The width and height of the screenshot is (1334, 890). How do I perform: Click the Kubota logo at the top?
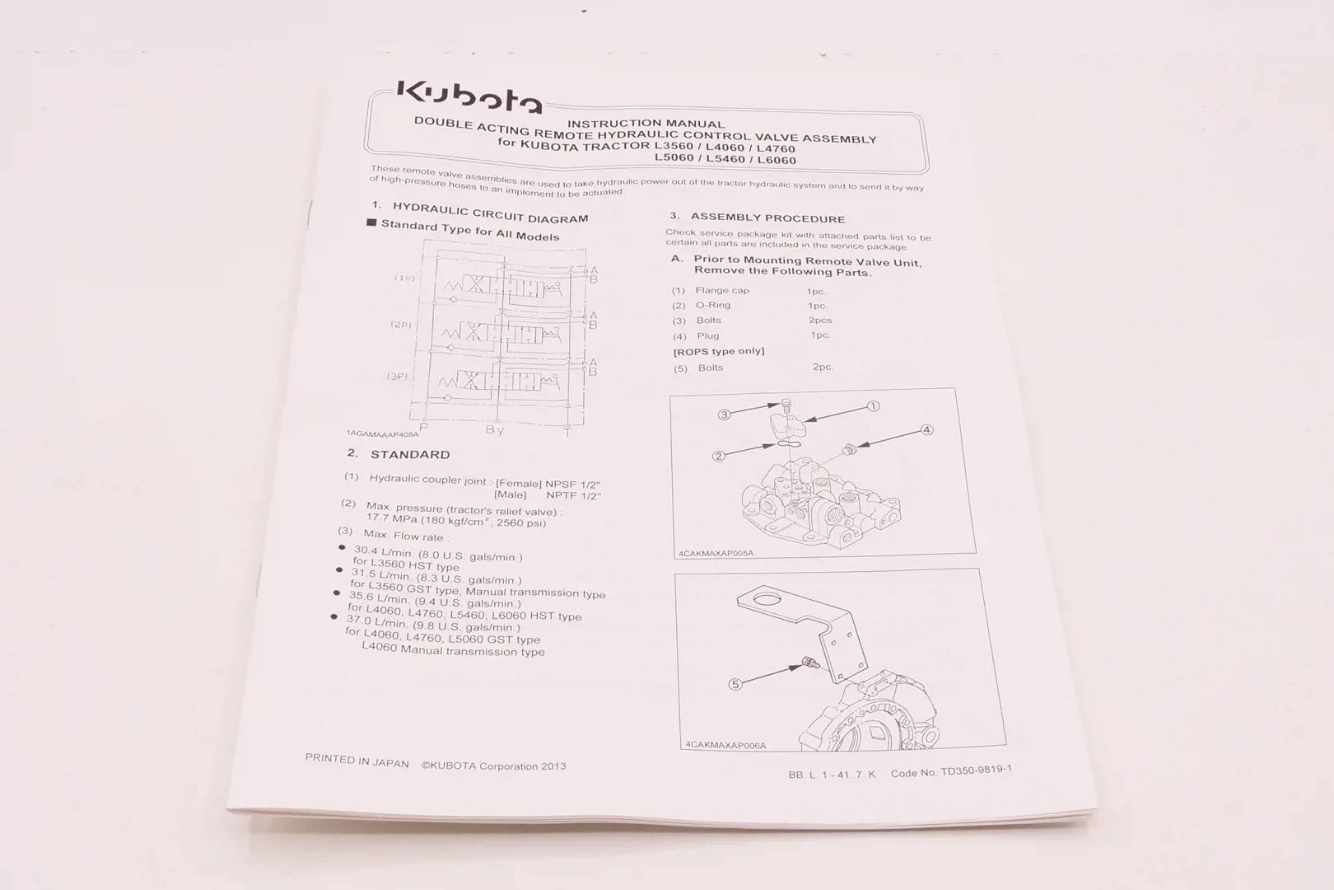click(x=469, y=96)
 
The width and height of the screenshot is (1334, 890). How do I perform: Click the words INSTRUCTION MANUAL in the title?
click(x=646, y=124)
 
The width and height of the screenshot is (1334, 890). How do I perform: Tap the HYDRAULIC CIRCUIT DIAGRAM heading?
click(x=490, y=213)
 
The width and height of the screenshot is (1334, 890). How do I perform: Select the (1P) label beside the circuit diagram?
click(x=404, y=278)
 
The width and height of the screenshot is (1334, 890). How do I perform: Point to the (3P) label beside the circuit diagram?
click(x=398, y=376)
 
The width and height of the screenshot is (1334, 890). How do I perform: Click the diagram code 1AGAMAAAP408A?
click(x=382, y=433)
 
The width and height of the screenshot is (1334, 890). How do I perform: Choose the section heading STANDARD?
click(x=410, y=454)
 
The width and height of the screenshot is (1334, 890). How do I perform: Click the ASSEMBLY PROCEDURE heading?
click(x=767, y=218)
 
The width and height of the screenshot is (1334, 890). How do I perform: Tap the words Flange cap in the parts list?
click(x=722, y=290)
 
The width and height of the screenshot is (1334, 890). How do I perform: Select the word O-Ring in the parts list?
click(x=713, y=305)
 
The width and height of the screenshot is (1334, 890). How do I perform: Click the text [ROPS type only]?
click(x=719, y=351)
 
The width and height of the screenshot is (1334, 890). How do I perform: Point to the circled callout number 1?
click(x=874, y=405)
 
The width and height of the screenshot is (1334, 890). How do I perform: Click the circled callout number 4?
click(x=926, y=429)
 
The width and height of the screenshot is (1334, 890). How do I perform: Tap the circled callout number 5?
click(x=735, y=684)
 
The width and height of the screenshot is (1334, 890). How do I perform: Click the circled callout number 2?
click(x=718, y=456)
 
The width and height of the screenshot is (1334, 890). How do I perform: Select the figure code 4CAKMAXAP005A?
click(x=716, y=554)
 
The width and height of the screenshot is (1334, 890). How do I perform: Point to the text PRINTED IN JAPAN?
click(x=357, y=761)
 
